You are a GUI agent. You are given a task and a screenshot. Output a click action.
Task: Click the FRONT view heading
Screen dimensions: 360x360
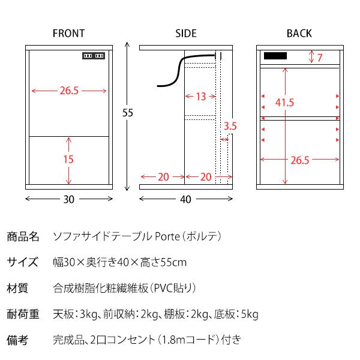(68, 33)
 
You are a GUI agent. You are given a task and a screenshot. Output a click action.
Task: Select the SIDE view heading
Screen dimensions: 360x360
(186, 33)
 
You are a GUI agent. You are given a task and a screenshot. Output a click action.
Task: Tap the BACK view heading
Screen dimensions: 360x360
(299, 33)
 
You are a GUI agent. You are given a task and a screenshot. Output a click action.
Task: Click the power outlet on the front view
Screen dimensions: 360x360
(94, 56)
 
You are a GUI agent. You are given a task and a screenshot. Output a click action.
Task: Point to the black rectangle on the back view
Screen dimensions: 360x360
(275, 56)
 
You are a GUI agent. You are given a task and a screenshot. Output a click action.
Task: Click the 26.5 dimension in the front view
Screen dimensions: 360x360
(69, 91)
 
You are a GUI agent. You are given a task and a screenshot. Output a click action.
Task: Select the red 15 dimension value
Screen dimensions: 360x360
(68, 160)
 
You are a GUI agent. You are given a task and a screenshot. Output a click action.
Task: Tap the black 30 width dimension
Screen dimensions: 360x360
(68, 199)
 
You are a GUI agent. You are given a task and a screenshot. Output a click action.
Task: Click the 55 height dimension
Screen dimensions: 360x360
(128, 113)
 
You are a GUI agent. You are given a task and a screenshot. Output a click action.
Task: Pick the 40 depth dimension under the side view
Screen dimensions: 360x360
(185, 199)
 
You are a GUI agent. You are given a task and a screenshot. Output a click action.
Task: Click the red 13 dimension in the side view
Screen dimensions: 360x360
(201, 97)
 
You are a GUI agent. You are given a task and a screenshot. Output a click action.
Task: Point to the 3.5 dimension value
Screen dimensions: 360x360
(230, 126)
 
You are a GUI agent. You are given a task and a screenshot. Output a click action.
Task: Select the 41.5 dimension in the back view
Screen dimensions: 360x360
(284, 103)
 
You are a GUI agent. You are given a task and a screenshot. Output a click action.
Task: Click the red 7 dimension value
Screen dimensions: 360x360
(320, 58)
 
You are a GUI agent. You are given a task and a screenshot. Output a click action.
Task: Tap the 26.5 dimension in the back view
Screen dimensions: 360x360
(300, 160)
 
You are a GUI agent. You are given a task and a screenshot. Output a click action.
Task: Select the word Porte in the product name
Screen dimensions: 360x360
(167, 236)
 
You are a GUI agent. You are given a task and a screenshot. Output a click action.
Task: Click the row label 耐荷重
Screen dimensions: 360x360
(23, 314)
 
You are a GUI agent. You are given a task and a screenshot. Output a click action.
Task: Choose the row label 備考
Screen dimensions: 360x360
(17, 340)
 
